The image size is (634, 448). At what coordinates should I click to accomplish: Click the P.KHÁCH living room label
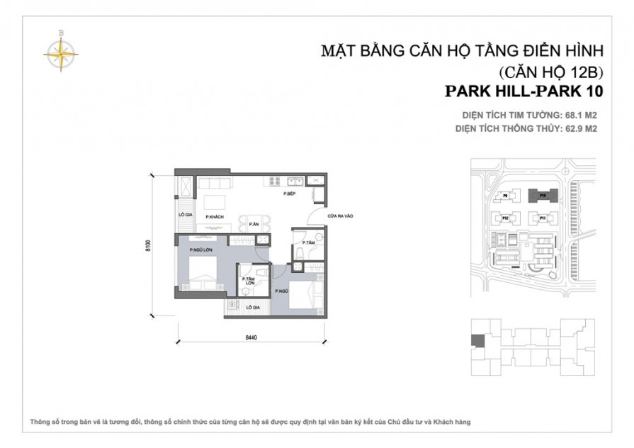210,216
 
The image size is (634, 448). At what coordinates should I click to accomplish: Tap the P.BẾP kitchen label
289,194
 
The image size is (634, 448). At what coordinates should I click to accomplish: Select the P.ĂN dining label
253,225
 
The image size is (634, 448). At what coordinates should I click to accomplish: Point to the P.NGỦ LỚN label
201,250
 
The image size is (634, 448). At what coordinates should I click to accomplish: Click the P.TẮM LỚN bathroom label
249,282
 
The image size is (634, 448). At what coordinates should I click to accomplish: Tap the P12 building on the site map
506,218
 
